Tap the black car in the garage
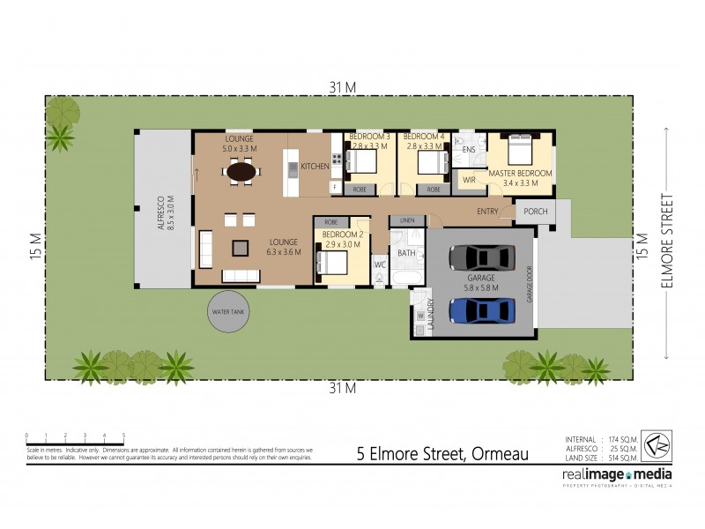point(481,257)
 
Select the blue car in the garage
point(481,310)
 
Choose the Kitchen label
point(315,166)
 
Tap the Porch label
point(535,212)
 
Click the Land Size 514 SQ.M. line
point(602,458)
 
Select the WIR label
point(469,180)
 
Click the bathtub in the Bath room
point(407,278)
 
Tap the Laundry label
point(431,313)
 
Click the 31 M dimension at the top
point(343,86)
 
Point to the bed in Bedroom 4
point(429,162)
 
